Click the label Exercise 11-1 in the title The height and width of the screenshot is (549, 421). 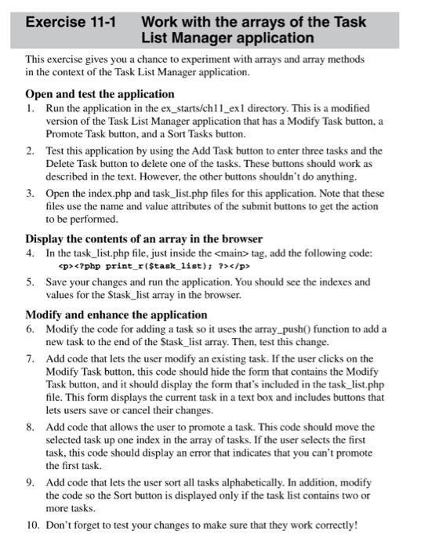point(71,23)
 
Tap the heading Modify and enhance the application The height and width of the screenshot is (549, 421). point(116,314)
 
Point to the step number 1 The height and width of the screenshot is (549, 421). point(30,107)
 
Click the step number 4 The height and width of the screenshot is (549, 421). point(30,253)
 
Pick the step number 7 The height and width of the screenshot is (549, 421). point(30,358)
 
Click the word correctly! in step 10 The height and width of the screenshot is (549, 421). point(332,525)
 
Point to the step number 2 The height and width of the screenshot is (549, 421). point(30,151)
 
